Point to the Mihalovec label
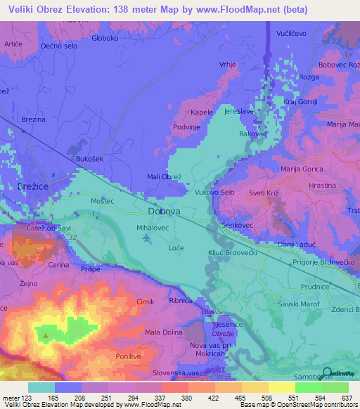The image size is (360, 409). [x=153, y=228]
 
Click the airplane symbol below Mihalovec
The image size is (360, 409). [x=146, y=239]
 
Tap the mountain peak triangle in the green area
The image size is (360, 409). [x=46, y=335]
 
